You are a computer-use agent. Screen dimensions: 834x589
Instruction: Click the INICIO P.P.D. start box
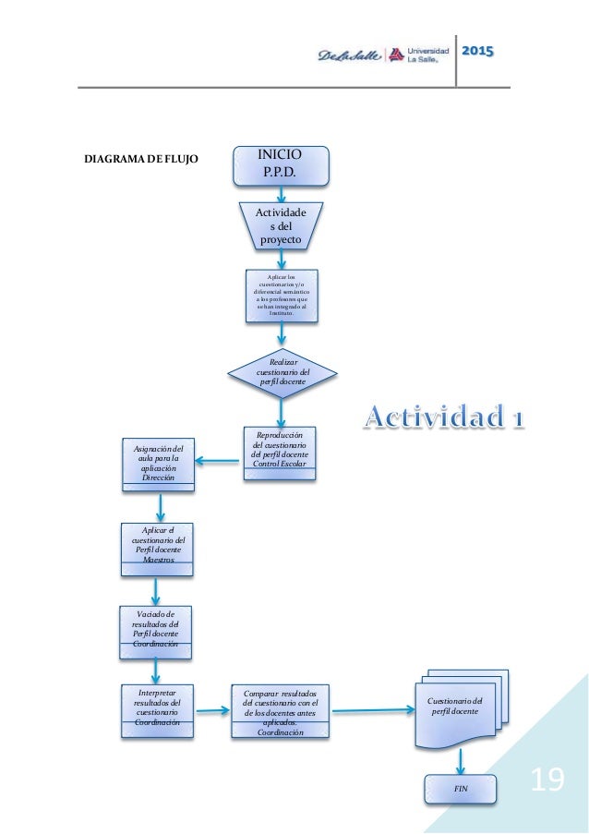tap(281, 165)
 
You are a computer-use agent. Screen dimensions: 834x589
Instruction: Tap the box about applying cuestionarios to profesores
tap(282, 296)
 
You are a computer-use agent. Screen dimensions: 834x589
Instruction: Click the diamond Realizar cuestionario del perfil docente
tap(282, 374)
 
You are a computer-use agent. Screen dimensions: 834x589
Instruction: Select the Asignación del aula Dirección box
tap(158, 463)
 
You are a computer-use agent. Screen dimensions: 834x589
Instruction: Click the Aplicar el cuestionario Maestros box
tap(158, 548)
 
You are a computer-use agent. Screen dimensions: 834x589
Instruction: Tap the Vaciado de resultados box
tap(155, 632)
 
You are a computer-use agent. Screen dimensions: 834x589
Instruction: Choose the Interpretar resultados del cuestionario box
tap(158, 710)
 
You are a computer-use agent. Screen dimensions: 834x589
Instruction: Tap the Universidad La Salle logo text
tap(427, 52)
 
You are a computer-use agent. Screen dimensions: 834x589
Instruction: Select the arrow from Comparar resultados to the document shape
tap(373, 710)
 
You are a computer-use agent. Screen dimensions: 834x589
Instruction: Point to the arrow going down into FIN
tap(461, 761)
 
